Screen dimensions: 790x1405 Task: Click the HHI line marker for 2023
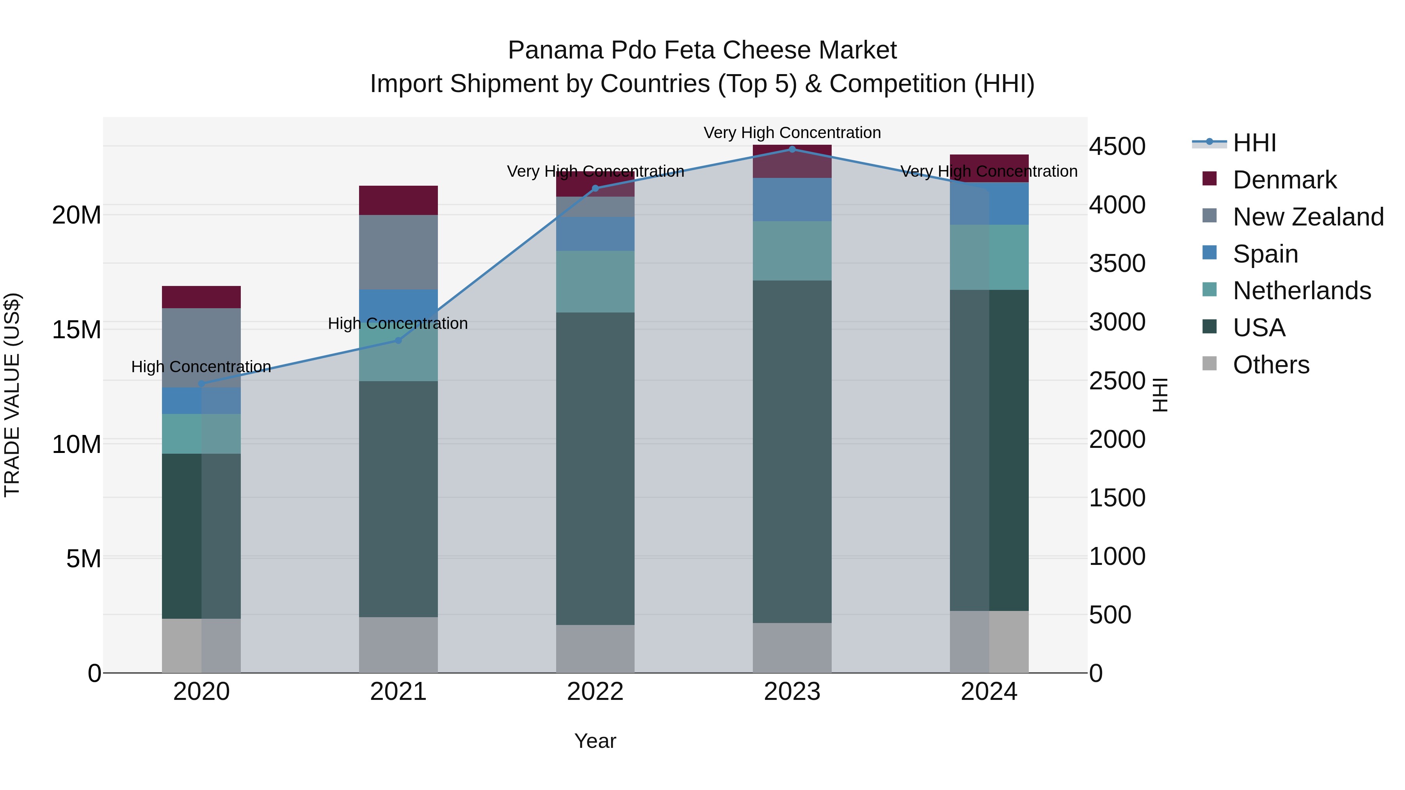click(792, 149)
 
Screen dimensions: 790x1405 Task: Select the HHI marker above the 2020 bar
click(201, 384)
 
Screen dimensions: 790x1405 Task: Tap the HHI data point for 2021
click(398, 340)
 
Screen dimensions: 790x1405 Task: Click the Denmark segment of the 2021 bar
click(398, 200)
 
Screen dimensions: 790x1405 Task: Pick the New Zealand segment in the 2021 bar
click(398, 252)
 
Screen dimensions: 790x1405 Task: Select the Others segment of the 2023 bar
click(792, 648)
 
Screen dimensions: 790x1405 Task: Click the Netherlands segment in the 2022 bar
click(595, 281)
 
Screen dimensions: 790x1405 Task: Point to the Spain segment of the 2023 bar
click(792, 199)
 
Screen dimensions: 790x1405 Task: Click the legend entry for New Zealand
click(1307, 217)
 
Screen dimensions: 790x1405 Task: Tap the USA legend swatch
click(1209, 328)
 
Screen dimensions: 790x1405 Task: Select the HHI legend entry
click(1254, 143)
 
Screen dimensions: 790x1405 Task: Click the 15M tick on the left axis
click(76, 330)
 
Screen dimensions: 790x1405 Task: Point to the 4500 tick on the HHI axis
click(1117, 147)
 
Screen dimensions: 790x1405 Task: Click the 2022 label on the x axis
click(595, 692)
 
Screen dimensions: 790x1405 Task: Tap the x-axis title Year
click(595, 741)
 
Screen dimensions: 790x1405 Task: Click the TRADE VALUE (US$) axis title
click(12, 395)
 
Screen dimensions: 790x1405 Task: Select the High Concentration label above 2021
click(398, 323)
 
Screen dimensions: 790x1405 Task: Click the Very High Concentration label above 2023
click(792, 133)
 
